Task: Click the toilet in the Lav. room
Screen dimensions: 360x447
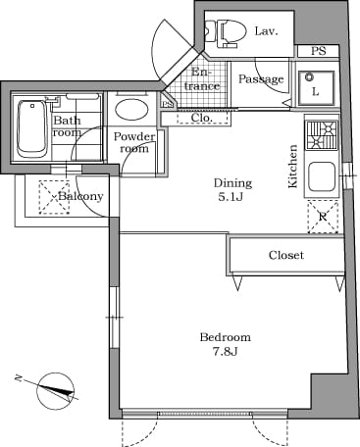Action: tap(227, 32)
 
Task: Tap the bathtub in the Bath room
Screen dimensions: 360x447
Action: tap(31, 129)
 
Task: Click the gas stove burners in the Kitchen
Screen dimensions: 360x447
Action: tap(321, 134)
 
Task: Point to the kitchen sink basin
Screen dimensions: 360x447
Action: tap(322, 176)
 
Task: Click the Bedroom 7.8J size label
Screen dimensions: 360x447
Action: tap(226, 344)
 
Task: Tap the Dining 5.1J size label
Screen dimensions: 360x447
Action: tap(232, 190)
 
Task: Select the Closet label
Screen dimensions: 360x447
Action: tap(286, 255)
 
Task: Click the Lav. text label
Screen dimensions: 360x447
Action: tap(266, 31)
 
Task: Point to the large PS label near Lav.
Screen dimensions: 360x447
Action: tap(318, 51)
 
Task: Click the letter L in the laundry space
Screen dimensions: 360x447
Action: tap(315, 92)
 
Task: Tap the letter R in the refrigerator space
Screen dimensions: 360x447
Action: tap(323, 217)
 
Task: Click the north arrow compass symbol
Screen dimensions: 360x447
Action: tap(54, 391)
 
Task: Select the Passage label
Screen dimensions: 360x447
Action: tap(261, 79)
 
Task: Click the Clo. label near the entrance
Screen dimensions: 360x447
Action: tap(202, 118)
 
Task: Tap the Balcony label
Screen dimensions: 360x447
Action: tap(80, 196)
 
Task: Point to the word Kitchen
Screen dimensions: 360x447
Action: tap(292, 167)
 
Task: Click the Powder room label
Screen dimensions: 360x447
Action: tap(134, 142)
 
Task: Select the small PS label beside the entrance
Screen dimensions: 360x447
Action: tap(167, 105)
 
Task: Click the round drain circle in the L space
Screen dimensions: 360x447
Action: tap(309, 77)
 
